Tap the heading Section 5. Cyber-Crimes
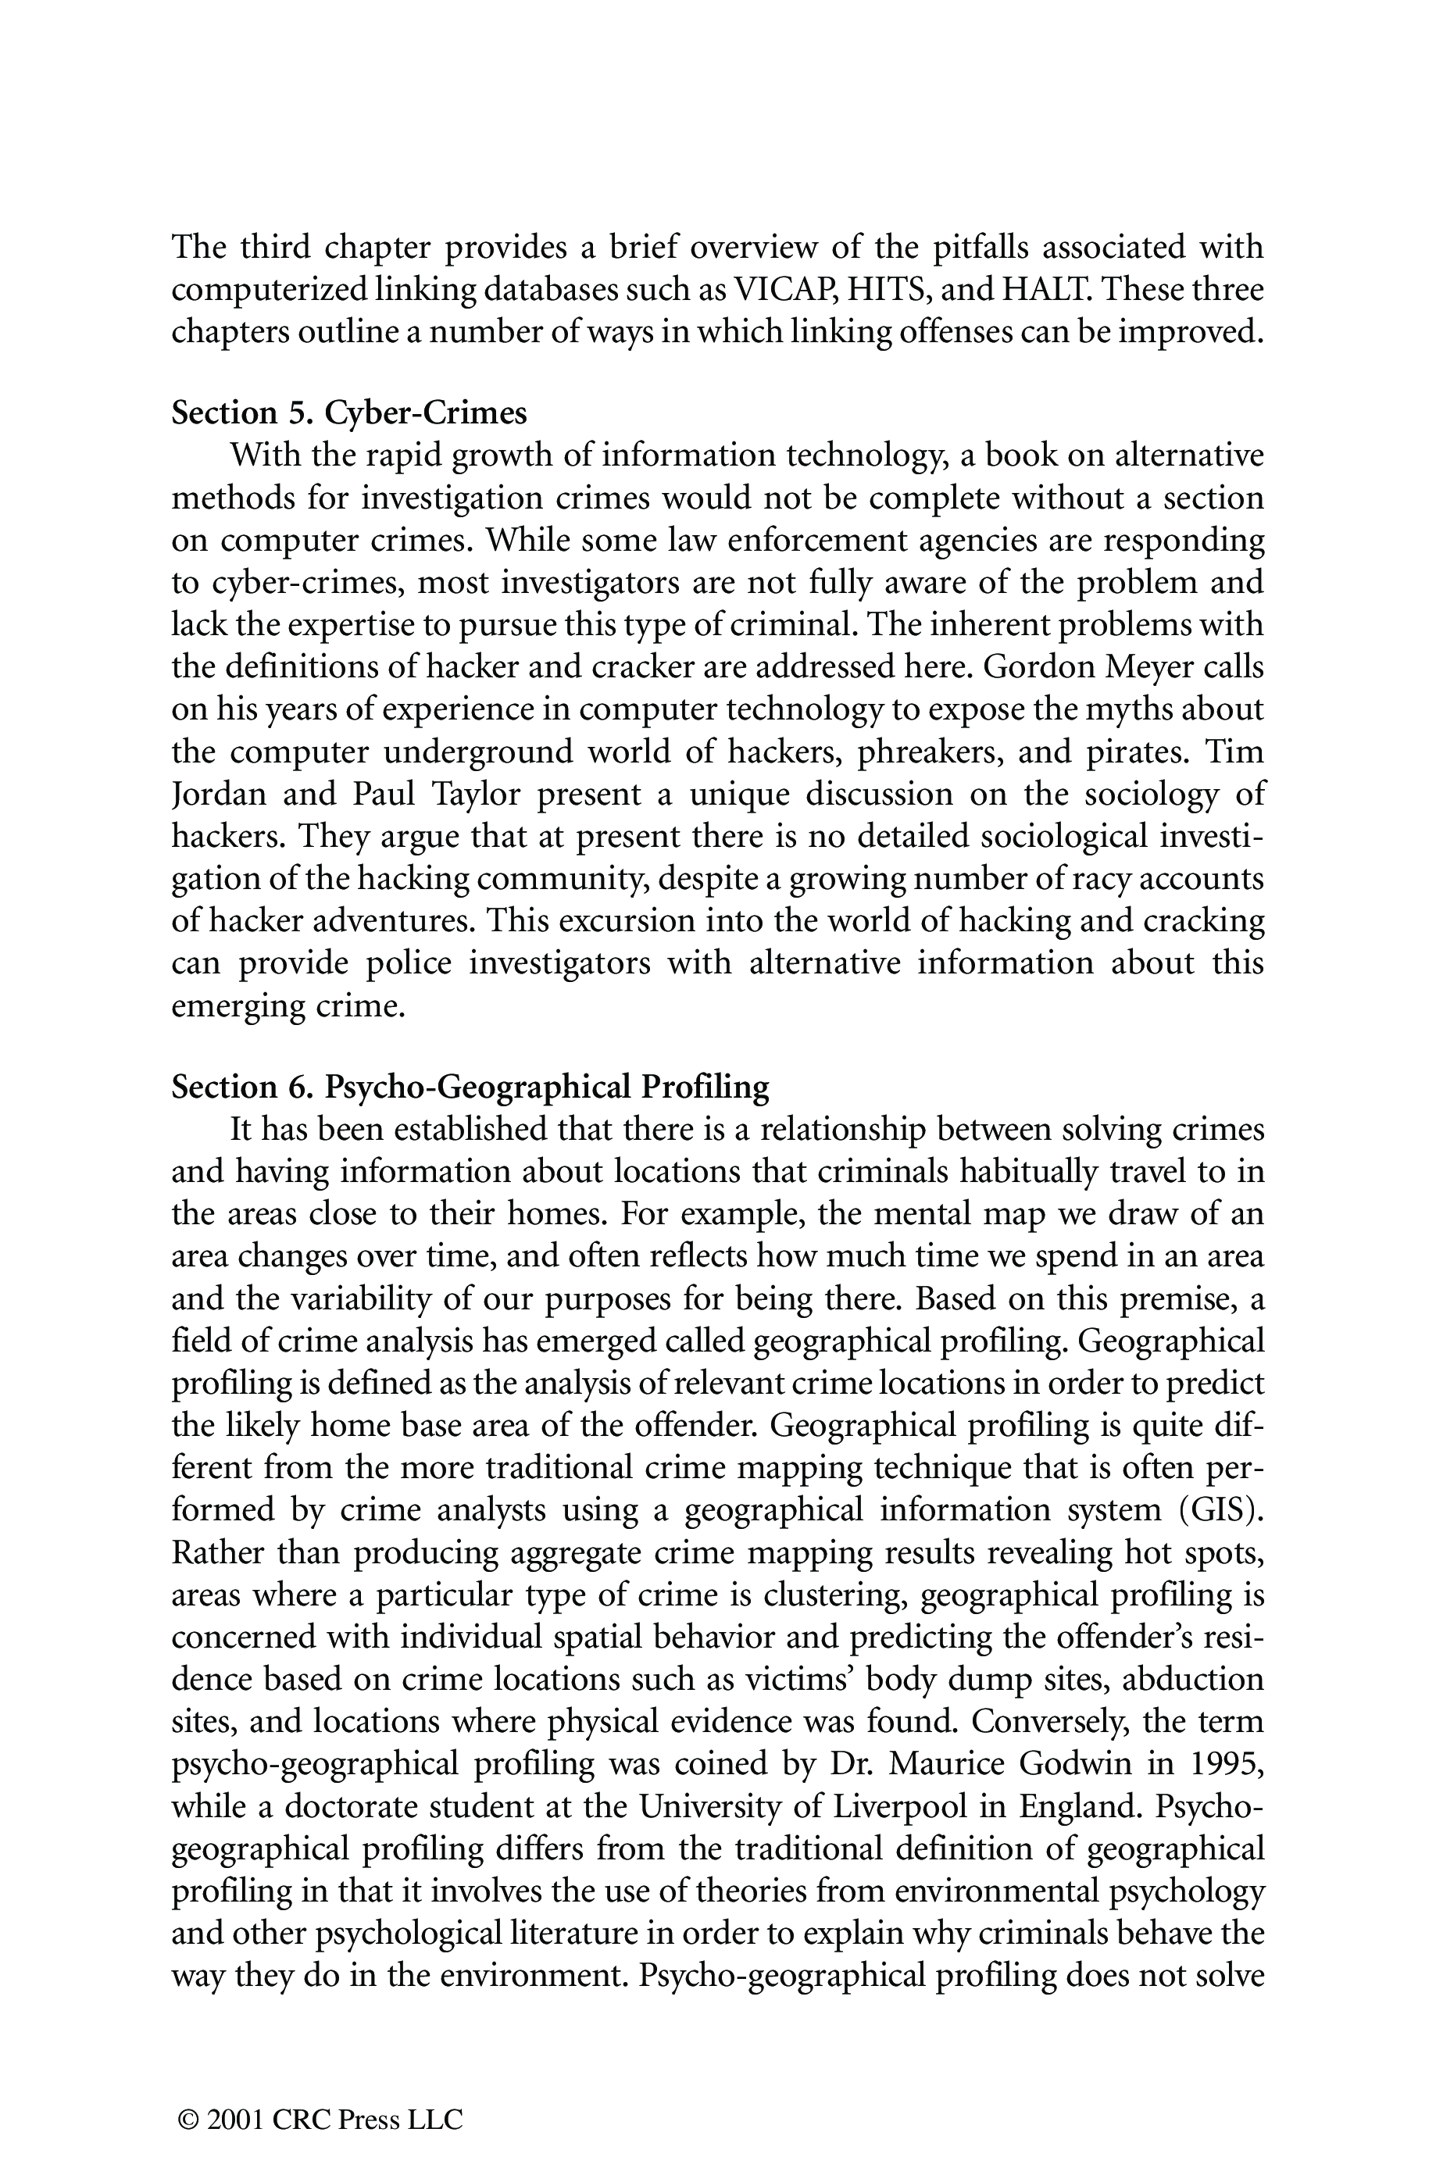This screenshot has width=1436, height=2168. [349, 413]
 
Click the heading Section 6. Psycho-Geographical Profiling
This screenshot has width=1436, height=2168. [470, 1087]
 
